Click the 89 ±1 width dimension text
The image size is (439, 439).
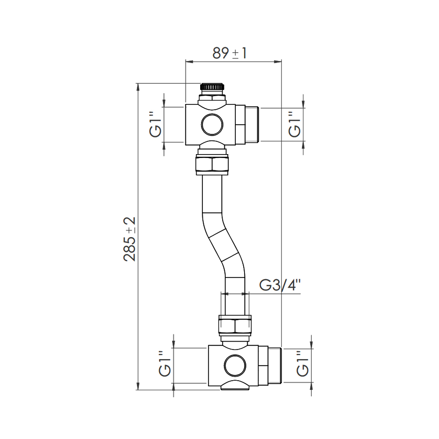(230, 53)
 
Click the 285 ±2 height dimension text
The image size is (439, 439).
(130, 239)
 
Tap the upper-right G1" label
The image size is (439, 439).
(295, 125)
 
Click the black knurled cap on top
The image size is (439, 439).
(212, 87)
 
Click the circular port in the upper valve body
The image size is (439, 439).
(212, 124)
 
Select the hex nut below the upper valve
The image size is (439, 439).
(212, 165)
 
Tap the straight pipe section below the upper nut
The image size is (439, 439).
(212, 193)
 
